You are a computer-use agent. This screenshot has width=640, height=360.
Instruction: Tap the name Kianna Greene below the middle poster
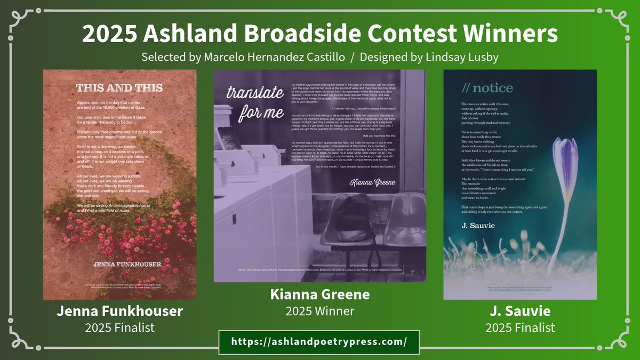pos(320,294)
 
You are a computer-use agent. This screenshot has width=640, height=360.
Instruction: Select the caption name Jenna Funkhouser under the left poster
pos(119,312)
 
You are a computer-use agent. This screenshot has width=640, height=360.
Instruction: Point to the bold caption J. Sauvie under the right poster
pos(520,312)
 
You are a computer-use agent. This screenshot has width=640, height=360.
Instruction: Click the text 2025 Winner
pos(320,310)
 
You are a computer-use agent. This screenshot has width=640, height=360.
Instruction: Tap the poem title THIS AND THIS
pos(119,88)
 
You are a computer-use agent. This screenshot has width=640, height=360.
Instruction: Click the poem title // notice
pos(481,88)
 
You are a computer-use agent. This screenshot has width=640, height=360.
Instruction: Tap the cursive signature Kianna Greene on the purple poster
pos(372,183)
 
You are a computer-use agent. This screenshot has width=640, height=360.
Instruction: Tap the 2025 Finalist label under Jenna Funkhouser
pos(119,327)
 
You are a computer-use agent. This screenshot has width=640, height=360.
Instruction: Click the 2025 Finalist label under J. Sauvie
pos(520,327)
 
